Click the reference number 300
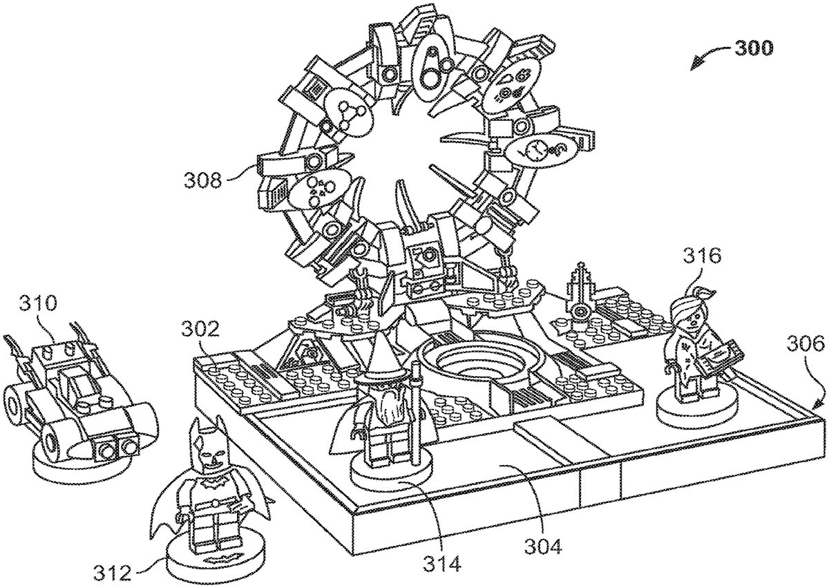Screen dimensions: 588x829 [x=754, y=48]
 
